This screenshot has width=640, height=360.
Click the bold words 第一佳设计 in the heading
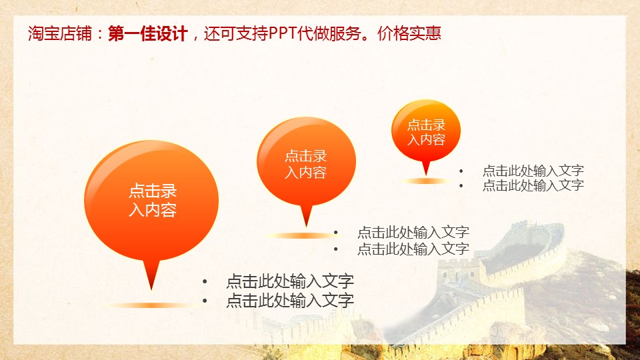148,33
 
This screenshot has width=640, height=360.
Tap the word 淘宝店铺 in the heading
60,33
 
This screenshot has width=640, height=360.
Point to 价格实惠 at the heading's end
409,33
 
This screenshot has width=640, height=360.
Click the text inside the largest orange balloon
153,200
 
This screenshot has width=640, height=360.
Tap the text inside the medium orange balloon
306,164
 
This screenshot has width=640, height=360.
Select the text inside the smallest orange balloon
426,132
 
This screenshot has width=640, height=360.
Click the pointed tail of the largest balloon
151,289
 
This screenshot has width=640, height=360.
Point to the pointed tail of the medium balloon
306,226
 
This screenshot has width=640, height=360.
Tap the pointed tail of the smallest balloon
426,174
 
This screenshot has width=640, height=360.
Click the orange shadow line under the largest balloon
151,305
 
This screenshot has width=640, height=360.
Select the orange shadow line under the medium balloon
302,235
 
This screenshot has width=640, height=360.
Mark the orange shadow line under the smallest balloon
425,181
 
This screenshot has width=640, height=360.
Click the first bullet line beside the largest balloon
290,281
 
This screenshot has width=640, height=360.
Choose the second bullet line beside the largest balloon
290,301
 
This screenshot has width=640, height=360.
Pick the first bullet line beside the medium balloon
413,232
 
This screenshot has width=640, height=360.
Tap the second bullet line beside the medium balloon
413,249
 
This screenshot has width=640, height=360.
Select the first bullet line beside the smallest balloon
533,170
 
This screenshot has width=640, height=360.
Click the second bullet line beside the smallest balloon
533,185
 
